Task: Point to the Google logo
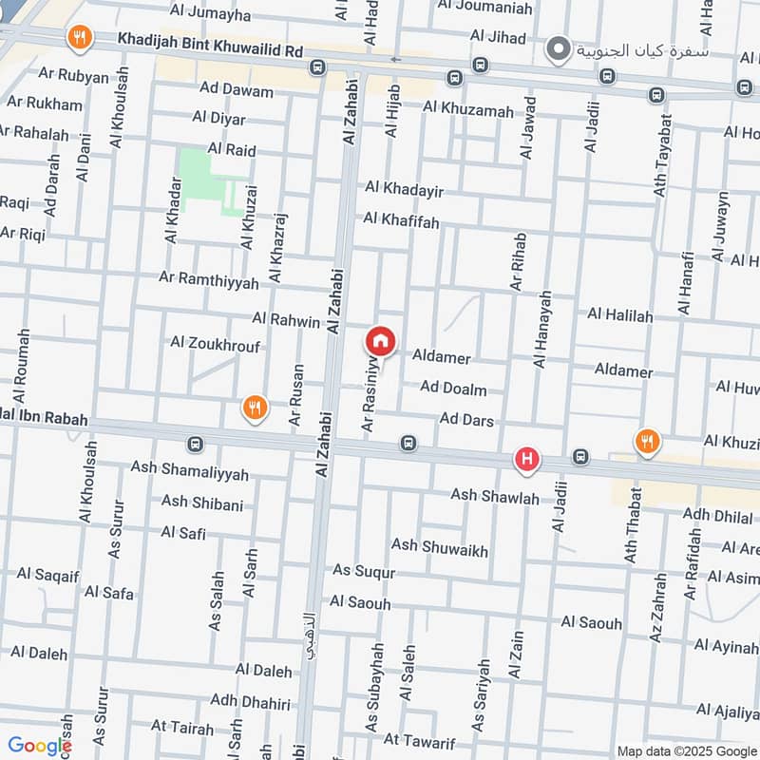pyautogui.click(x=39, y=747)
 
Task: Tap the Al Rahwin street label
pyautogui.click(x=286, y=321)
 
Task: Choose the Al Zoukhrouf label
pyautogui.click(x=215, y=343)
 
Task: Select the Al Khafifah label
pyautogui.click(x=401, y=220)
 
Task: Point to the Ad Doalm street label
pyautogui.click(x=453, y=389)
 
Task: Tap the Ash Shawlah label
pyautogui.click(x=495, y=497)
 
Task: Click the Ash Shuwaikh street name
pyautogui.click(x=440, y=545)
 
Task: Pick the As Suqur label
pyautogui.click(x=364, y=571)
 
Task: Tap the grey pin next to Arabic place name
pyautogui.click(x=561, y=47)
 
